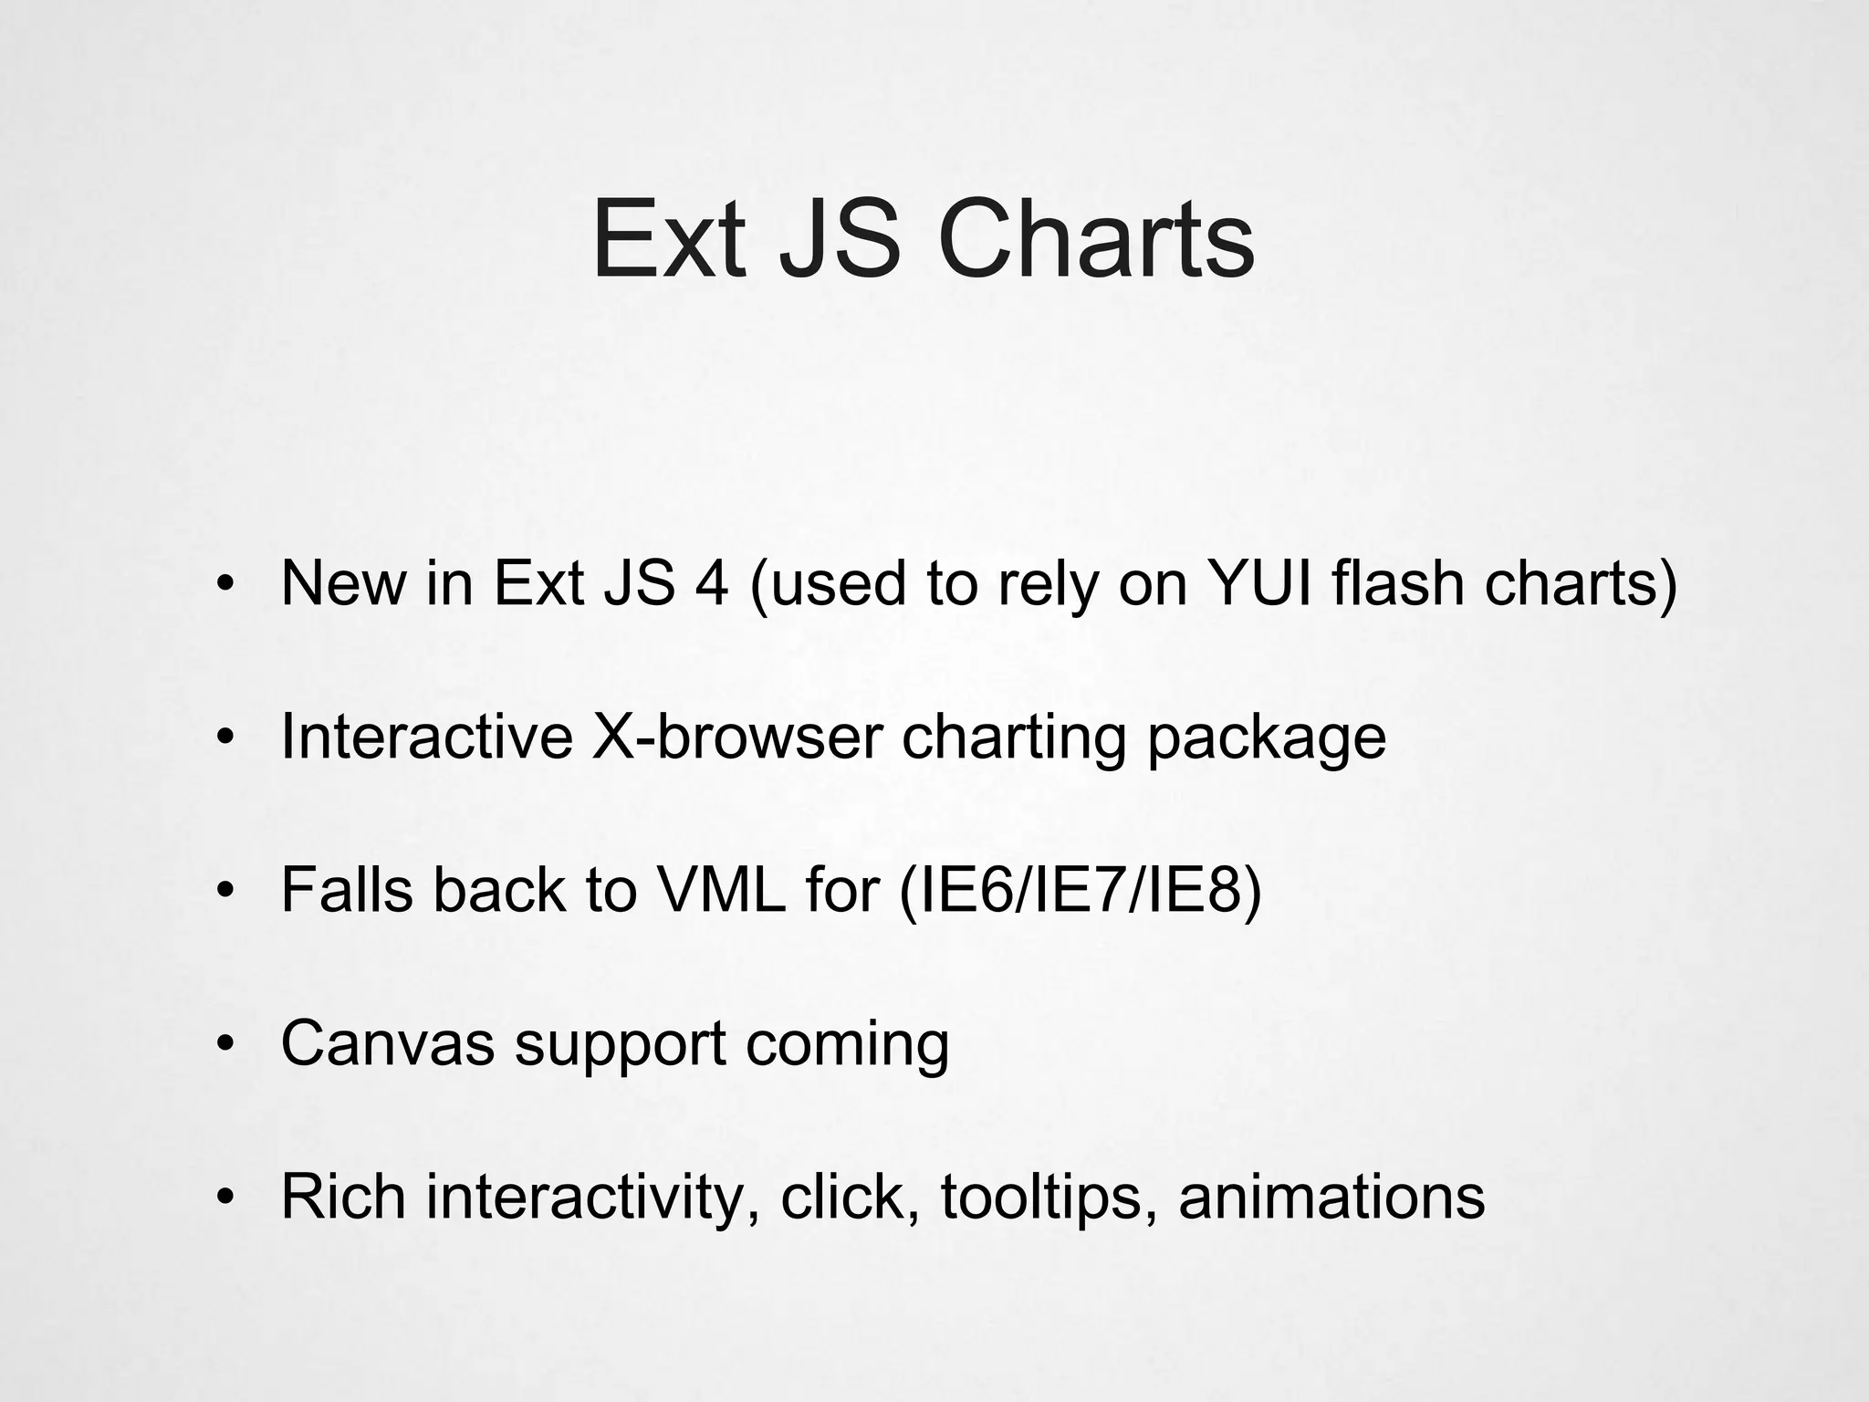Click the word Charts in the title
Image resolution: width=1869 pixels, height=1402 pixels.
1096,240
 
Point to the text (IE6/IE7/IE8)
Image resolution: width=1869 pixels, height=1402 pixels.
1081,891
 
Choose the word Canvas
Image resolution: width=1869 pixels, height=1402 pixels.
387,1042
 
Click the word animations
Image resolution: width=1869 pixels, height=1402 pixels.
1331,1196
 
